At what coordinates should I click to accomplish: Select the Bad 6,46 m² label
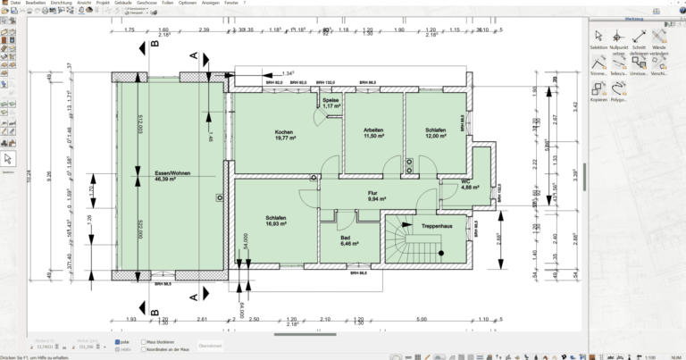pos(348,239)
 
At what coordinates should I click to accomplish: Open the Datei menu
pos(15,4)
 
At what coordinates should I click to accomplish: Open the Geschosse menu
pos(146,4)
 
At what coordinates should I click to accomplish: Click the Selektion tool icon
pos(598,37)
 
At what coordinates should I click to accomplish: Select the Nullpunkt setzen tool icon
pos(618,37)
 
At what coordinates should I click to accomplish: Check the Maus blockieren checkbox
pos(140,341)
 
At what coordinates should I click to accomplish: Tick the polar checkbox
pos(117,341)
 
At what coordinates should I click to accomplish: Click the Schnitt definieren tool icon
pos(639,37)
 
